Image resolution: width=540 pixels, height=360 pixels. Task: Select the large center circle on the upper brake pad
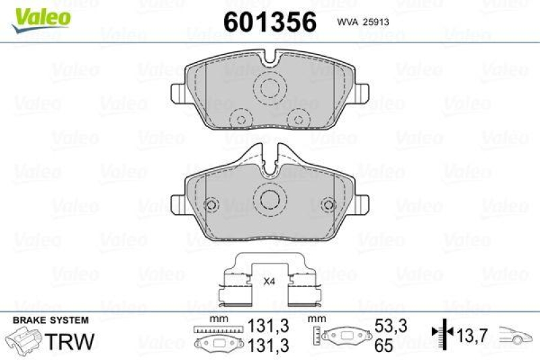(x=270, y=89)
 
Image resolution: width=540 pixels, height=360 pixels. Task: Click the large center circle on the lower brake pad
(x=270, y=197)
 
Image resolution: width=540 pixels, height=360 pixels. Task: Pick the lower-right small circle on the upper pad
(x=295, y=119)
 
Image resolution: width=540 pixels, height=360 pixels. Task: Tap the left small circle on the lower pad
(x=211, y=205)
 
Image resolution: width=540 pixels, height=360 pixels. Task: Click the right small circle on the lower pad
(x=329, y=205)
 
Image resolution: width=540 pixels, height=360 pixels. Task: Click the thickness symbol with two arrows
(x=441, y=332)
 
